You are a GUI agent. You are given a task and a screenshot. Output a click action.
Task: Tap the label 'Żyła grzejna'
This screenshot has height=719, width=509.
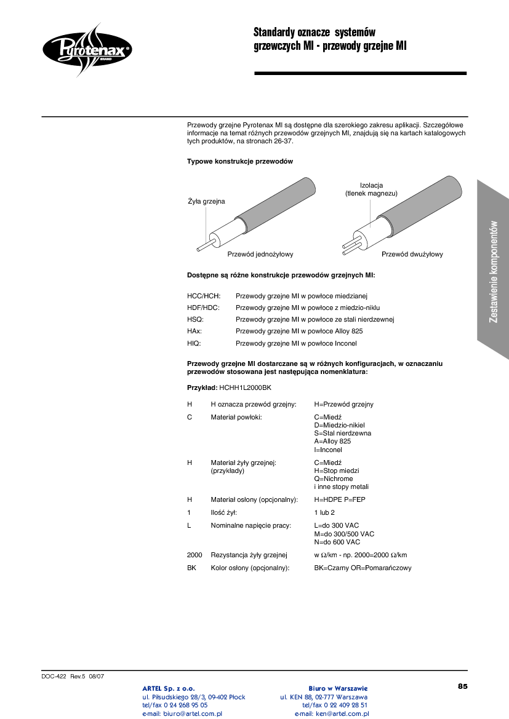pos(206,201)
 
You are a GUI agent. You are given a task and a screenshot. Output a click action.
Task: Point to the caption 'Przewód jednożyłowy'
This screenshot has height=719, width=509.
pos(260,254)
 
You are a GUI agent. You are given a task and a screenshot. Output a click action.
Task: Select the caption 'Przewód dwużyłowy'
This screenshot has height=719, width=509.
pos(412,254)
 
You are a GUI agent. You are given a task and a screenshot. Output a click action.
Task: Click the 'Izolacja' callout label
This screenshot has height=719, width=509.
pos(371,185)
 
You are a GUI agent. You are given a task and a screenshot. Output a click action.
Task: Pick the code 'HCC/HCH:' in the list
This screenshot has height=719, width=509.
pos(203,296)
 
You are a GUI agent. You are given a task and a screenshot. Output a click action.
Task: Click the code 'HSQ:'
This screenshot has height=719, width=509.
pos(195,320)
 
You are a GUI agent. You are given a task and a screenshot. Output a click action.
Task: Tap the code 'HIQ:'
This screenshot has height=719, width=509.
pos(194,343)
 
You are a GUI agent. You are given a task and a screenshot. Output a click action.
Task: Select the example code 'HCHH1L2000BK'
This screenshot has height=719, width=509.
pos(245,388)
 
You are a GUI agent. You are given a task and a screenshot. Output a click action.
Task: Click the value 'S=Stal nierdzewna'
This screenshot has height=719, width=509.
pos(342,433)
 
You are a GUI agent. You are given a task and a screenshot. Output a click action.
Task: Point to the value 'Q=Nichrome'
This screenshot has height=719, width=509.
pos(333,479)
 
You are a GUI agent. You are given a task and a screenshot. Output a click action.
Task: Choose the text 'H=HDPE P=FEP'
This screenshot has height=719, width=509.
pos(339,499)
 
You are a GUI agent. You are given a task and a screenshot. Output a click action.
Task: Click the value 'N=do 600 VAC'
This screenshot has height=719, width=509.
pos(337,542)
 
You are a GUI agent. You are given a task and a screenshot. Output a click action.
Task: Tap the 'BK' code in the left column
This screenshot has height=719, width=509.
pos(191,568)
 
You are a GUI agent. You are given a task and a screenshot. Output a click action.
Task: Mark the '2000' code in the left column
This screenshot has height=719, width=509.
pos(194,555)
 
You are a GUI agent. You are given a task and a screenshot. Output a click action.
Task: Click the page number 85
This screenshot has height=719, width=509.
pos(462,686)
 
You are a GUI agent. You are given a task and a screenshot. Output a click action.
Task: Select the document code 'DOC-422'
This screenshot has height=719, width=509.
pos(54,676)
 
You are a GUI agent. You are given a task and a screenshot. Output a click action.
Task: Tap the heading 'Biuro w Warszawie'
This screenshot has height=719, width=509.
pos(338,688)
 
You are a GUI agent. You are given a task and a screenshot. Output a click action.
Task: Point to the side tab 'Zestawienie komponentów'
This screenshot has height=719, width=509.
pos(493,271)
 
